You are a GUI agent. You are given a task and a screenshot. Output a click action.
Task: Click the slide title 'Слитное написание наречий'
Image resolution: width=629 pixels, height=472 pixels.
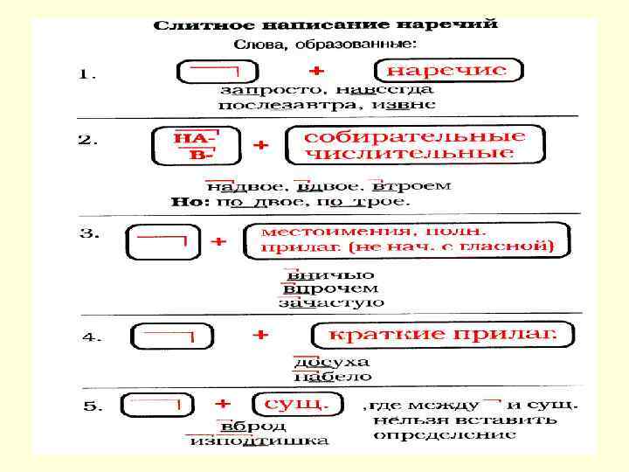pyautogui.click(x=325, y=24)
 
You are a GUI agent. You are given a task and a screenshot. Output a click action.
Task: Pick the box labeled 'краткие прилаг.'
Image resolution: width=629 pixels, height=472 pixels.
pyautogui.click(x=441, y=335)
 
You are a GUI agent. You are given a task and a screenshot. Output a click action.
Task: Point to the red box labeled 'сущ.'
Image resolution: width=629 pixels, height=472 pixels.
pyautogui.click(x=291, y=405)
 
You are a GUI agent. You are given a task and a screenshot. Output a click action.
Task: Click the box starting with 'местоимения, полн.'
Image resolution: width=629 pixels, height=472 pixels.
pyautogui.click(x=408, y=239)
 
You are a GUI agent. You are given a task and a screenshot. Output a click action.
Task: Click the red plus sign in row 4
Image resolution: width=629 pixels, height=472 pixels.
pyautogui.click(x=260, y=334)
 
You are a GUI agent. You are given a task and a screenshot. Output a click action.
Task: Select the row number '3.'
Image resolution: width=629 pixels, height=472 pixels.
pyautogui.click(x=90, y=234)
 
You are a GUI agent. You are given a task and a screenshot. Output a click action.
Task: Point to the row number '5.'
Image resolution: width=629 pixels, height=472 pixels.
pyautogui.click(x=93, y=406)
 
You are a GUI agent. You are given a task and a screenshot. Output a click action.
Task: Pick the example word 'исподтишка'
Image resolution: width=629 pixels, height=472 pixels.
pyautogui.click(x=259, y=441)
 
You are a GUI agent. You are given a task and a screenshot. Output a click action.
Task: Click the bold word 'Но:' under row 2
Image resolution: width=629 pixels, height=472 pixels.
pyautogui.click(x=190, y=201)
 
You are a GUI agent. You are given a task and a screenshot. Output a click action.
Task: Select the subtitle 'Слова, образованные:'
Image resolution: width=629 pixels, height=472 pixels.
pyautogui.click(x=325, y=43)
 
